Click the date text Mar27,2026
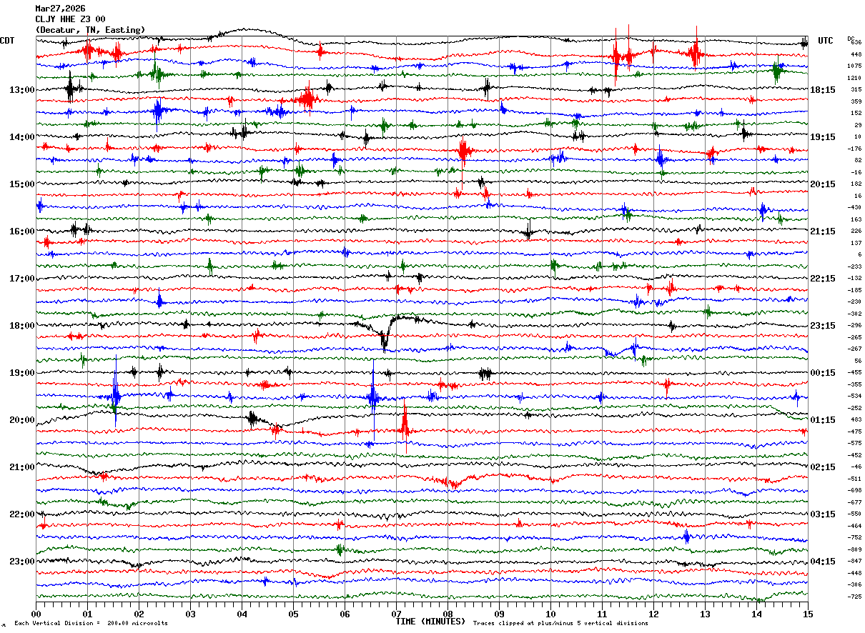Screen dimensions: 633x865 click(x=60, y=9)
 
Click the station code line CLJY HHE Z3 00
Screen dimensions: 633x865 click(x=70, y=19)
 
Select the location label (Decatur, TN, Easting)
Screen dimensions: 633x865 click(x=90, y=30)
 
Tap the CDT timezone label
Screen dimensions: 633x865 click(x=8, y=41)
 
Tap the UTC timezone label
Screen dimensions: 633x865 click(x=826, y=41)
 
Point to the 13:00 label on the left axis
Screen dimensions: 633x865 click(x=21, y=90)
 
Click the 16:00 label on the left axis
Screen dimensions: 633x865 click(x=21, y=231)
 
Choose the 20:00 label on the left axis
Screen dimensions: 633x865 click(x=21, y=420)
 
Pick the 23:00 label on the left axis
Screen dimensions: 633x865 click(x=21, y=562)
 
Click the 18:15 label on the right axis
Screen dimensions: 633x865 click(x=823, y=90)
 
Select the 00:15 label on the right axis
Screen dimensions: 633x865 click(x=823, y=373)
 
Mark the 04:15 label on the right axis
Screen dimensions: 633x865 click(x=823, y=562)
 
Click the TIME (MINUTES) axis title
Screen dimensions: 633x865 click(x=430, y=622)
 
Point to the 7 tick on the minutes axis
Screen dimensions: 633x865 click(x=396, y=613)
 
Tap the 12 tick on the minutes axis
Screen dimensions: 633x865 click(x=653, y=613)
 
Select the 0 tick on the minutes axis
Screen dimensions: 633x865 click(x=36, y=613)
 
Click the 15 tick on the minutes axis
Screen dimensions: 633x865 click(x=807, y=613)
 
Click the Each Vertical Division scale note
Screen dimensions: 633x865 click(x=91, y=624)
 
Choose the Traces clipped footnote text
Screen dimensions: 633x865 click(x=560, y=624)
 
